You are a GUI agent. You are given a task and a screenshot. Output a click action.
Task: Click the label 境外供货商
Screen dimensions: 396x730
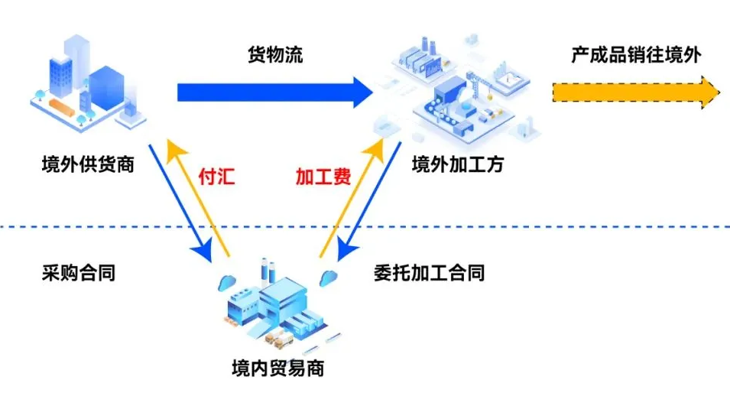pos(87,164)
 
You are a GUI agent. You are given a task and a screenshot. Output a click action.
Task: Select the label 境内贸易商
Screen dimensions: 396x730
pos(277,368)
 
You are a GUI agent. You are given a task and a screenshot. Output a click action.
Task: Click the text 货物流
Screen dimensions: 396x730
pos(275,56)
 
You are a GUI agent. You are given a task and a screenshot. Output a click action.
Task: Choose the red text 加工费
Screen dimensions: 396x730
pos(323,177)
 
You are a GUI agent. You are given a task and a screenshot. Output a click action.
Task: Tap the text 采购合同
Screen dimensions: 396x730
pos(78,272)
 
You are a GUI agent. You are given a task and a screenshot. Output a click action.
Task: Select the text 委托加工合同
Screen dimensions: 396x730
pos(429,272)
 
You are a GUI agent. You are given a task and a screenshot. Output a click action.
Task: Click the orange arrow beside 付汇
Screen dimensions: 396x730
pos(199,199)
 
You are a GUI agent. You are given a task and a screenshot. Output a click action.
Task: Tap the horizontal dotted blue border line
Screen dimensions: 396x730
pos(535,227)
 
